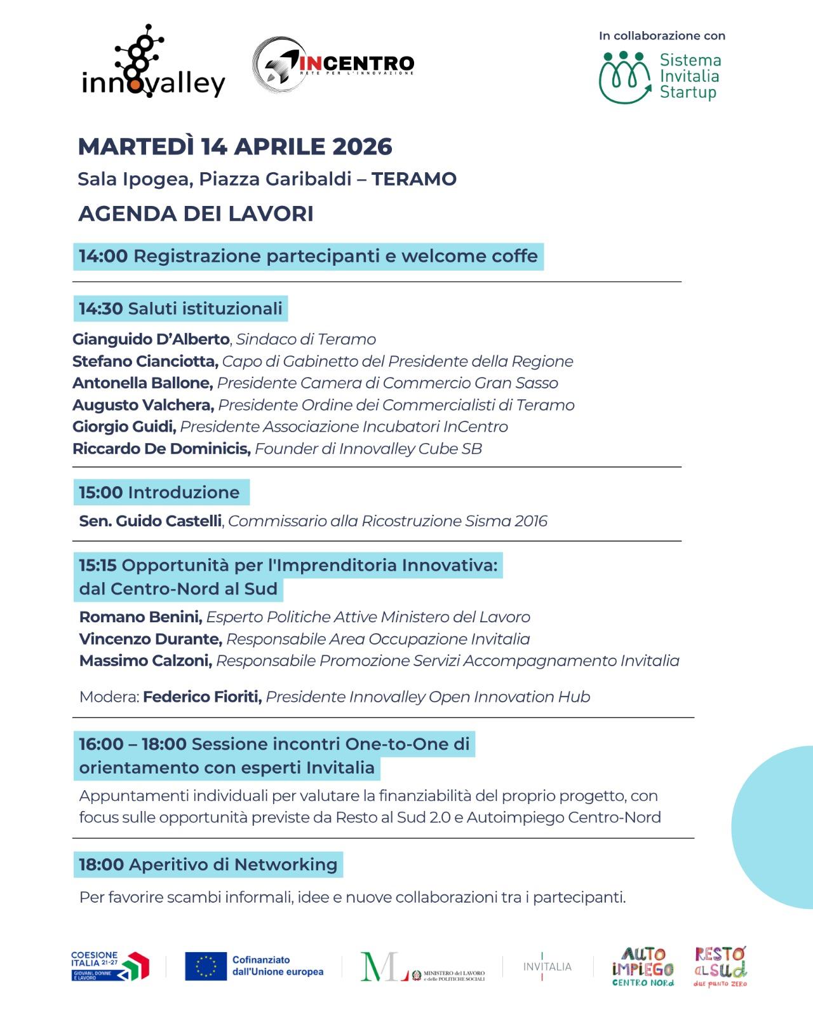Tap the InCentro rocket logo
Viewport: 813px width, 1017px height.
tap(333, 64)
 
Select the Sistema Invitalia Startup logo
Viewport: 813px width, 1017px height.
tap(661, 77)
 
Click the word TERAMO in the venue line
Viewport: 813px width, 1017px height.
tap(414, 179)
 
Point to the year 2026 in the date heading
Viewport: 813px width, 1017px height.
tap(362, 147)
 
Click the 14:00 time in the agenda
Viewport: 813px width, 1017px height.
tap(103, 256)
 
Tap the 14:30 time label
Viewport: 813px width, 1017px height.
tap(100, 309)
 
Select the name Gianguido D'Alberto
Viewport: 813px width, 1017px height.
tap(151, 339)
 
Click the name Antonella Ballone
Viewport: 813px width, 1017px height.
tap(142, 383)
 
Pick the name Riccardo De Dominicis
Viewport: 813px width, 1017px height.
tap(161, 449)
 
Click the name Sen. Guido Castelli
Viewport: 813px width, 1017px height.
tap(151, 521)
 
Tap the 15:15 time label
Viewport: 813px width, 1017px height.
tap(98, 565)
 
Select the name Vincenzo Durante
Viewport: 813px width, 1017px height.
tap(151, 639)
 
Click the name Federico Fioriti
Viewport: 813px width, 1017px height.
tap(202, 697)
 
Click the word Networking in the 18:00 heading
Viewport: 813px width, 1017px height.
tap(286, 864)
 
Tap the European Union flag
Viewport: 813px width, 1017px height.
tap(206, 966)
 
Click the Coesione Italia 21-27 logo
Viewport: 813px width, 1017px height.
tap(110, 966)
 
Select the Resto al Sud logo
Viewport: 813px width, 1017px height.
tap(720, 966)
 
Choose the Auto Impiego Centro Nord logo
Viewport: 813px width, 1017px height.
tap(642, 966)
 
